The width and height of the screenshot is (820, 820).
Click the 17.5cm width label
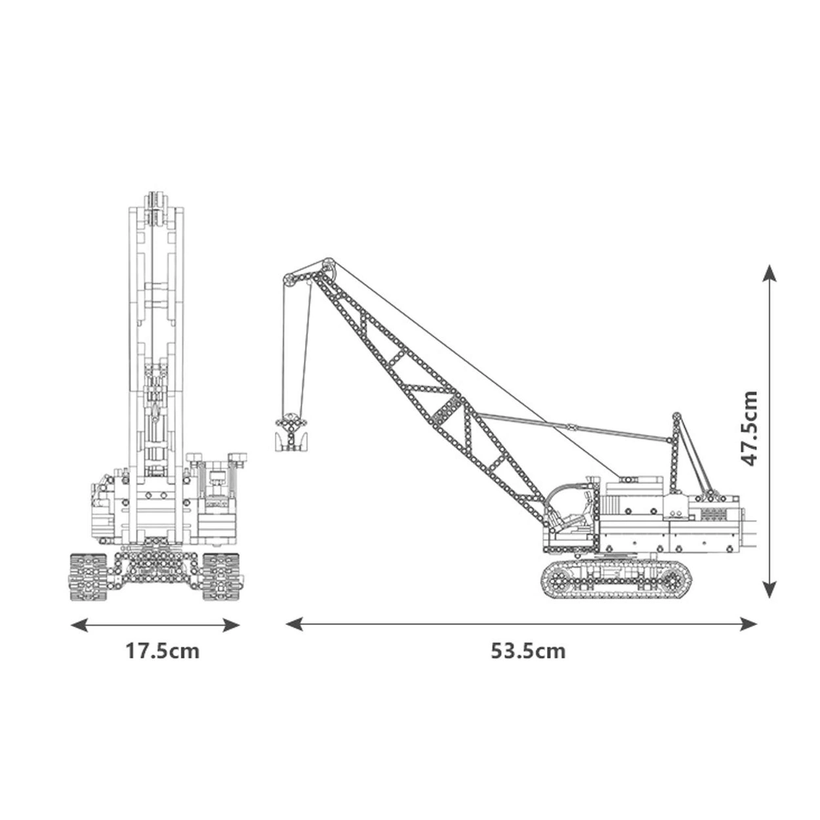(x=162, y=651)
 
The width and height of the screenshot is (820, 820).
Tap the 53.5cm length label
(x=527, y=651)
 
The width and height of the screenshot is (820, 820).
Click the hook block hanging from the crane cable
(x=290, y=435)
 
